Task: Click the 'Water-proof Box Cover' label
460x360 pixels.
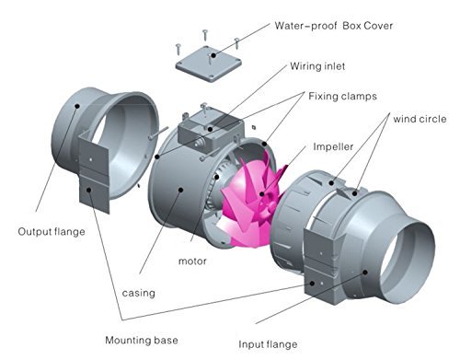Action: click(x=334, y=26)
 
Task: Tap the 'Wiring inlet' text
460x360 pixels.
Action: click(x=317, y=66)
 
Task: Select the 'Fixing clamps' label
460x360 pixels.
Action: click(x=342, y=97)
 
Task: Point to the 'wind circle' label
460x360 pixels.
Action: click(x=420, y=119)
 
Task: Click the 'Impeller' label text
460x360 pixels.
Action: click(x=333, y=146)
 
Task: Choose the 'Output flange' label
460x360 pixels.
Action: click(x=52, y=231)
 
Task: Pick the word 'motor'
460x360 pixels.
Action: click(x=192, y=261)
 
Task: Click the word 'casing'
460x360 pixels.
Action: click(x=139, y=293)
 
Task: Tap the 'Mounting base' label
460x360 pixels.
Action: click(x=142, y=340)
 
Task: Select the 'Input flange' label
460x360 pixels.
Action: click(x=268, y=344)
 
